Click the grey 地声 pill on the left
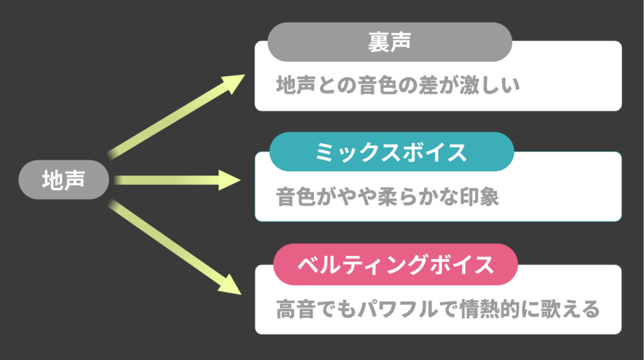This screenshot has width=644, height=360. coord(64,179)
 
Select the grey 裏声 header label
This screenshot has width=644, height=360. coord(390,42)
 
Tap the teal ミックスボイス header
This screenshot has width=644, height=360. coord(392,152)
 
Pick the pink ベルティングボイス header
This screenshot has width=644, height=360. coord(396,264)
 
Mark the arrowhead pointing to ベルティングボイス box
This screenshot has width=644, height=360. coord(230,285)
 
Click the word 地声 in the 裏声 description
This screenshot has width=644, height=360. coord(296,86)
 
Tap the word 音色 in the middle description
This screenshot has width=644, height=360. coord(296,197)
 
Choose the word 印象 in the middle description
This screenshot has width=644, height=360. coord(479,197)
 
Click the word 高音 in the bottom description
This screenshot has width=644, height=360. coord(296,309)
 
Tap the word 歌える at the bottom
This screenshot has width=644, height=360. coord(570,309)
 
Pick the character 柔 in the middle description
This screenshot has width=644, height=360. coord(387,197)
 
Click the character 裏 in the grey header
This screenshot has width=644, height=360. coord(379,42)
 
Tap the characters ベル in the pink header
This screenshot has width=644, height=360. coord(318,265)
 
